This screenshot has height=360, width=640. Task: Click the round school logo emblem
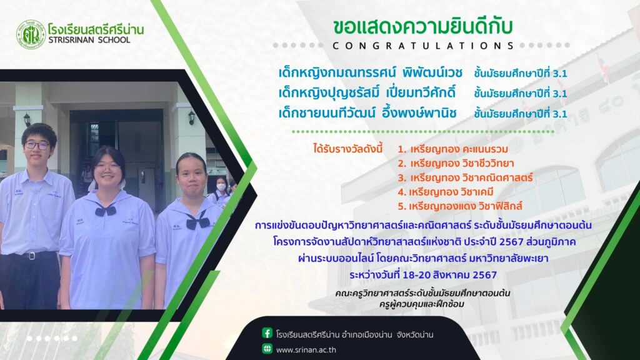(x=31, y=35)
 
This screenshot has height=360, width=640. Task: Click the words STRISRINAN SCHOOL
(x=89, y=40)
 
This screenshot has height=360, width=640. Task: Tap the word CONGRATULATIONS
(x=423, y=46)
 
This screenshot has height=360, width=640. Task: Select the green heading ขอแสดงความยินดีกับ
(x=423, y=26)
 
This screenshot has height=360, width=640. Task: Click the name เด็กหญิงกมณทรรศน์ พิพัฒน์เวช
(x=370, y=72)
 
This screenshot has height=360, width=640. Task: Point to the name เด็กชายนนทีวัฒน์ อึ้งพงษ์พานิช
(x=367, y=112)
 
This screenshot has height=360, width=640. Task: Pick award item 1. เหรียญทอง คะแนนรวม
(x=453, y=149)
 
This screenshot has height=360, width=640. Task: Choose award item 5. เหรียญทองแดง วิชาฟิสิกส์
(x=460, y=206)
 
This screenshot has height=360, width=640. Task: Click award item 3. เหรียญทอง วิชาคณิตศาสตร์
(x=465, y=177)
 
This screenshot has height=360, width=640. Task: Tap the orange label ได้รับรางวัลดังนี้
(x=347, y=149)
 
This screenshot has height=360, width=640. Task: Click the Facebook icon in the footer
(x=267, y=333)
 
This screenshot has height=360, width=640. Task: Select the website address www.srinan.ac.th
(x=306, y=350)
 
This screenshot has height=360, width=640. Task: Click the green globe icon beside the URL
(x=267, y=349)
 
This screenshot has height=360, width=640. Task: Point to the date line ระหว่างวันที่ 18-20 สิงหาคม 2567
(x=423, y=275)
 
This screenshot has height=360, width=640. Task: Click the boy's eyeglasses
(x=37, y=145)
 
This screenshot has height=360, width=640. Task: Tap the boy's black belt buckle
(x=30, y=256)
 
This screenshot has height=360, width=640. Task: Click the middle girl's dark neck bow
(x=106, y=210)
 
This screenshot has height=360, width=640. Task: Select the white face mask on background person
(x=221, y=187)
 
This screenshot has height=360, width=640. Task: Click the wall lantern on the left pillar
(x=27, y=119)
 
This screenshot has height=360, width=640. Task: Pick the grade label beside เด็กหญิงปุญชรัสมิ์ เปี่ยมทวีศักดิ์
(x=521, y=94)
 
